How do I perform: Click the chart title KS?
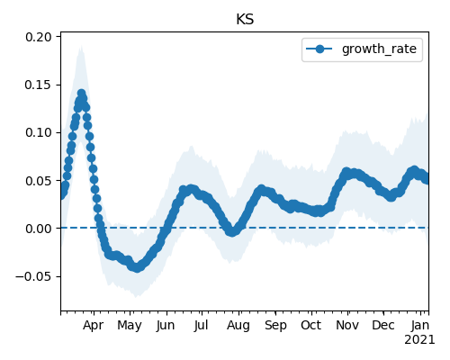pyautogui.click(x=245, y=20)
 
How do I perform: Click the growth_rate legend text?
pyautogui.click(x=379, y=49)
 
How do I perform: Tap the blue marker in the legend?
pyautogui.click(x=319, y=49)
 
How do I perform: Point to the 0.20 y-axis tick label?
pyautogui.click(x=39, y=37)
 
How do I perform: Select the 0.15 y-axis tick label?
pyautogui.click(x=39, y=85)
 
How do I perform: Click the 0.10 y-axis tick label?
pyautogui.click(x=39, y=132)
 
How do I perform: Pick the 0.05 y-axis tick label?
pyautogui.click(x=39, y=181)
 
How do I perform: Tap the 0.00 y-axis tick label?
pyautogui.click(x=39, y=229)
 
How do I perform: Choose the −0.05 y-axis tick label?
pyautogui.click(x=33, y=276)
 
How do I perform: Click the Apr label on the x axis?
pyautogui.click(x=94, y=326)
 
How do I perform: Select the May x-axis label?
pyautogui.click(x=130, y=326)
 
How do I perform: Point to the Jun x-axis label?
pyautogui.click(x=166, y=326)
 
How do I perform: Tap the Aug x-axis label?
pyautogui.click(x=238, y=326)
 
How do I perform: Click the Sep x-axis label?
pyautogui.click(x=275, y=326)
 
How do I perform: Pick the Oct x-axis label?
pyautogui.click(x=311, y=325)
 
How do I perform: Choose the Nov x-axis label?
pyautogui.click(x=347, y=325)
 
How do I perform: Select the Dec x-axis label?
pyautogui.click(x=383, y=325)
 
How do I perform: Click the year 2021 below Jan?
pyautogui.click(x=419, y=340)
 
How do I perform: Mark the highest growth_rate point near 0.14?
pyautogui.click(x=81, y=94)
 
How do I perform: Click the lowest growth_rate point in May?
pyautogui.click(x=137, y=268)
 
